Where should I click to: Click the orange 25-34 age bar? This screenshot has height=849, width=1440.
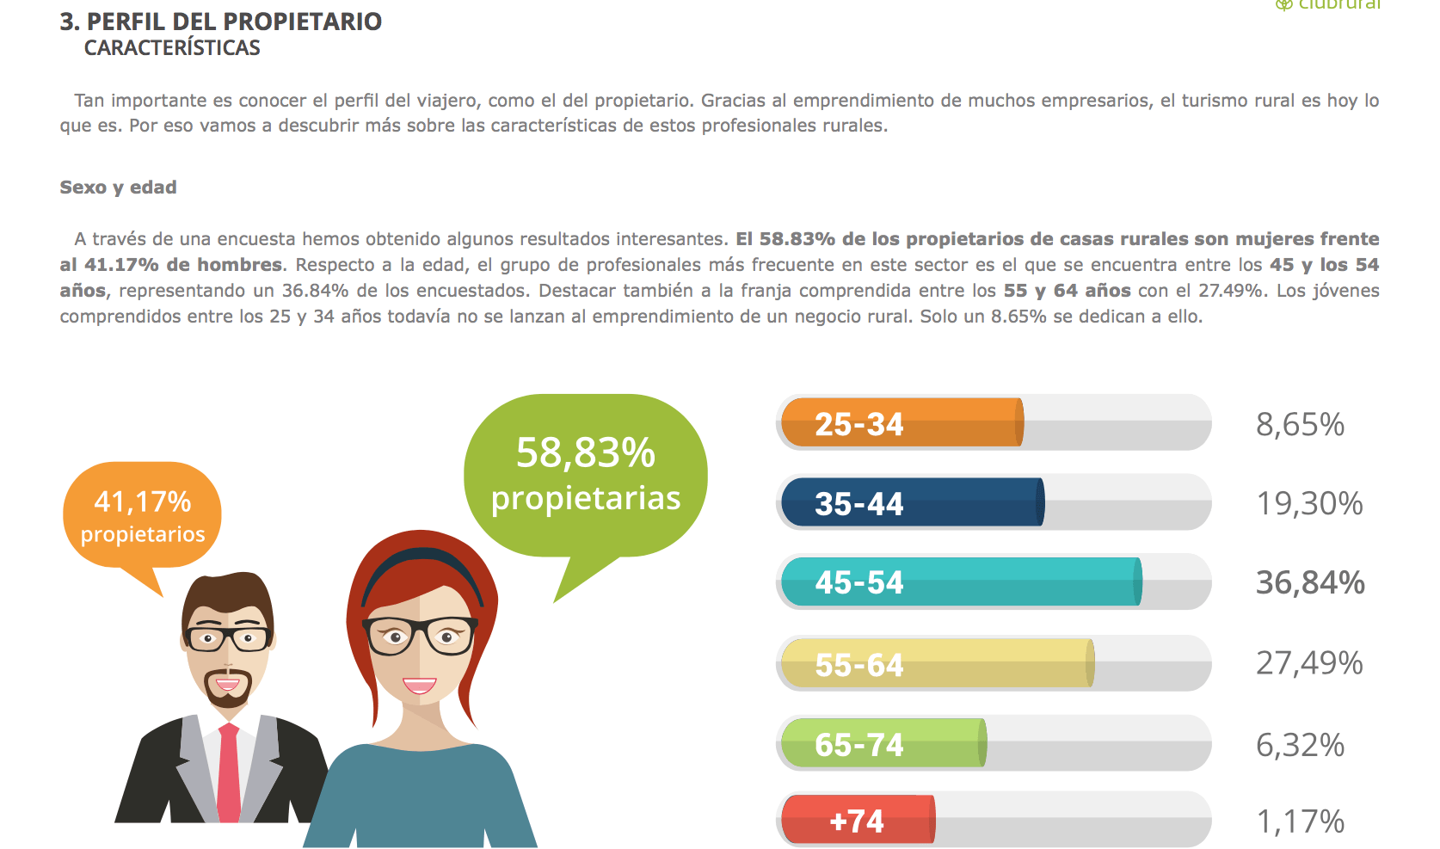click(x=902, y=422)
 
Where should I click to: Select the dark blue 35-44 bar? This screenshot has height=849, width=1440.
click(x=913, y=502)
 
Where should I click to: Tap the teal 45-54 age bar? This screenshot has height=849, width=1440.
click(x=961, y=581)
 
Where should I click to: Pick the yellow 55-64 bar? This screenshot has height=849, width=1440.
click(x=938, y=662)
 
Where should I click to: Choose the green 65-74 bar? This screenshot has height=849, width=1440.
click(x=883, y=742)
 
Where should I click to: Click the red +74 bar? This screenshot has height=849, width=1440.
click(x=858, y=819)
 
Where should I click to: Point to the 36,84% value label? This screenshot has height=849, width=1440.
click(x=1310, y=582)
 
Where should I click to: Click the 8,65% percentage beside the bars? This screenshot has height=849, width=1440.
click(x=1300, y=424)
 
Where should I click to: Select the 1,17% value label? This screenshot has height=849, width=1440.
click(x=1300, y=821)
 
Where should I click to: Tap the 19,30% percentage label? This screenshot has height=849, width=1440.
click(x=1309, y=503)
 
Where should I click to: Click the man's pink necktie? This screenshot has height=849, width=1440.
click(x=229, y=772)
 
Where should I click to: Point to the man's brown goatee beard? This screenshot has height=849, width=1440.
click(x=227, y=687)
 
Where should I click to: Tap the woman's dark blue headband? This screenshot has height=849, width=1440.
click(x=422, y=567)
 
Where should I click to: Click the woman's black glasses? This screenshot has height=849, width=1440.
click(x=421, y=635)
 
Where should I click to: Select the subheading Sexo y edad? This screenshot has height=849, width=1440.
click(x=119, y=187)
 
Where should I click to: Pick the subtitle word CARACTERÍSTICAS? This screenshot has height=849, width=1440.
click(x=172, y=47)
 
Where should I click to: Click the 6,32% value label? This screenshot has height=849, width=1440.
click(x=1300, y=745)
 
